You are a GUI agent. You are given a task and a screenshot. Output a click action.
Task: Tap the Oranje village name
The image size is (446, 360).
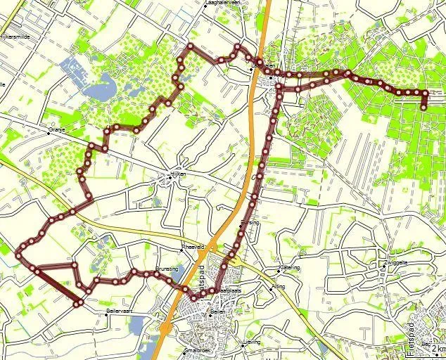pyautogui.click(x=58, y=129)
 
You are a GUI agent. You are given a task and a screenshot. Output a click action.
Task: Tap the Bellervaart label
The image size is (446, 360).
pyautogui.click(x=119, y=310)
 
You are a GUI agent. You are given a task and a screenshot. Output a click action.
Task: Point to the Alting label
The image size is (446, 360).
pyautogui.click(x=279, y=287)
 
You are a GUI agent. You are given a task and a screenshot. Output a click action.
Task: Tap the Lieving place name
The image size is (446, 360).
pyautogui.click(x=251, y=342)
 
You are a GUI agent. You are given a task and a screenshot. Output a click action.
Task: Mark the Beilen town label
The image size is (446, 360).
pyautogui.click(x=216, y=312)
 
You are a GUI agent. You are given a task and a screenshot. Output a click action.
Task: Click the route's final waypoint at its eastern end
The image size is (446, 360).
pyautogui.click(x=424, y=107)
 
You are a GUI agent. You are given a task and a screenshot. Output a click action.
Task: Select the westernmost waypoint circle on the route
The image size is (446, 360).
pyautogui.click(x=18, y=256)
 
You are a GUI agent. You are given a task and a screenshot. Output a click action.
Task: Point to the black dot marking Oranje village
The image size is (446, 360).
pyautogui.click(x=49, y=130)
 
